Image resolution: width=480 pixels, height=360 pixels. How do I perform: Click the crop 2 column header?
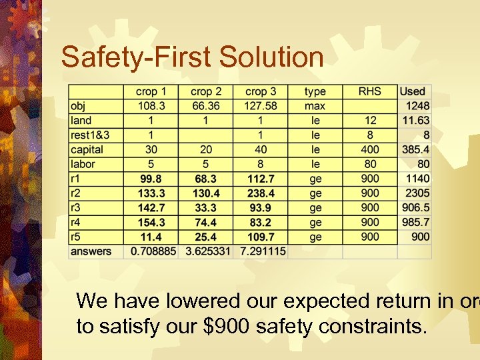206,91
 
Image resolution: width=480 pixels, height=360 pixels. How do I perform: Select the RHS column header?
370,91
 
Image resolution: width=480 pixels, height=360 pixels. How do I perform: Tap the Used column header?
412,91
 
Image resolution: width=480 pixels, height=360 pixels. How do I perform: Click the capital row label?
87,150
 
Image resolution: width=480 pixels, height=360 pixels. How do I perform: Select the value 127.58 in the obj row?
261,106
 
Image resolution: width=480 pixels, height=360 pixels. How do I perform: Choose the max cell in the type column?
315,106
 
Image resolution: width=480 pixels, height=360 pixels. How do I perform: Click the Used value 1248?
418,106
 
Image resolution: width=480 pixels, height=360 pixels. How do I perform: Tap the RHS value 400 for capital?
370,150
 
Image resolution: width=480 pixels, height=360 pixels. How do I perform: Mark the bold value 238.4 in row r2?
261,193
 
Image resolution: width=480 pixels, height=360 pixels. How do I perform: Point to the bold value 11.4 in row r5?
151,237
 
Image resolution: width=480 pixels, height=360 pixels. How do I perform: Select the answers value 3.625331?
206,252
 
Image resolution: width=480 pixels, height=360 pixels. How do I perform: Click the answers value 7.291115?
261,252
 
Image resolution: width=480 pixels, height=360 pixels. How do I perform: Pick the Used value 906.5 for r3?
416,208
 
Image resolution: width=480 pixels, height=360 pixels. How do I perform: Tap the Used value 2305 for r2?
418,193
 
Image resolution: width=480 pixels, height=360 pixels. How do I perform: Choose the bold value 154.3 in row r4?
151,223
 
